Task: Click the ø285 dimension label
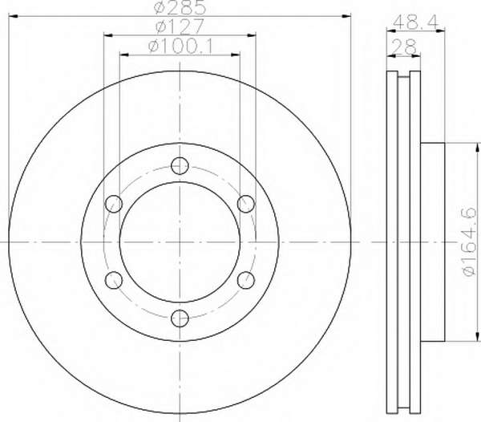click(x=180, y=8)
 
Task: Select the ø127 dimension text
click(x=180, y=26)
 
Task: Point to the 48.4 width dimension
click(x=416, y=22)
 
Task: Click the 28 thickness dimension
click(x=404, y=47)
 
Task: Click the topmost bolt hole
click(x=180, y=166)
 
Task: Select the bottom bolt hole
click(x=180, y=319)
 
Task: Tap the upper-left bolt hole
click(x=114, y=204)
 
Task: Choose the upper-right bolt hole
click(x=246, y=204)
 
